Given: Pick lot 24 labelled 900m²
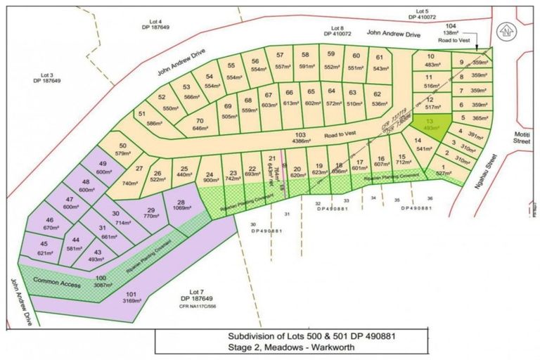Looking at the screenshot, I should pyautogui.click(x=208, y=178).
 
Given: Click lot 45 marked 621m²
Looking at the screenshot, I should pyautogui.click(x=46, y=248).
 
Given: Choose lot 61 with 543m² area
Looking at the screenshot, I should pyautogui.click(x=380, y=63).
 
